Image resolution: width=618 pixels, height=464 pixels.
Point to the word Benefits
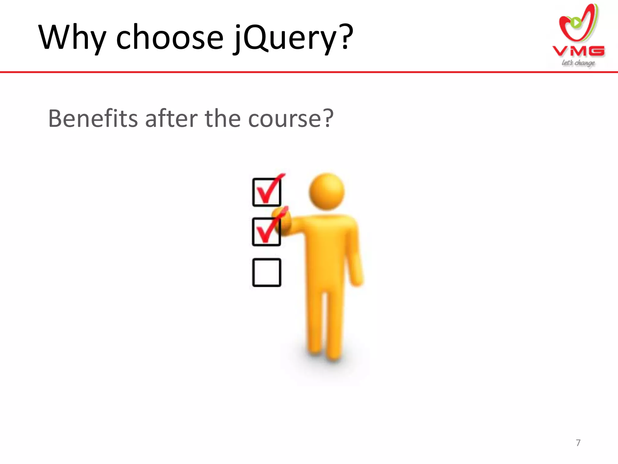tap(93, 118)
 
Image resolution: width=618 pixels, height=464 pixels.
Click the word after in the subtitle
tap(171, 118)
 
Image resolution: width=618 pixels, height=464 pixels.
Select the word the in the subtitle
tap(223, 118)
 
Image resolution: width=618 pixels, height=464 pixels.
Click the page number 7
tap(578, 443)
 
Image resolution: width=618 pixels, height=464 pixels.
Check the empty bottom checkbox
tap(267, 272)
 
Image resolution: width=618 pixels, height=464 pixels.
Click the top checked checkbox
tap(267, 192)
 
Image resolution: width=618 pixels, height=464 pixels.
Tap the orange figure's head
tap(327, 191)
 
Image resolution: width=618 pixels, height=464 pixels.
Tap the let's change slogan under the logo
tap(578, 63)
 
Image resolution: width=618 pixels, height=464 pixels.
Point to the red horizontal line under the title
tap(309, 72)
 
